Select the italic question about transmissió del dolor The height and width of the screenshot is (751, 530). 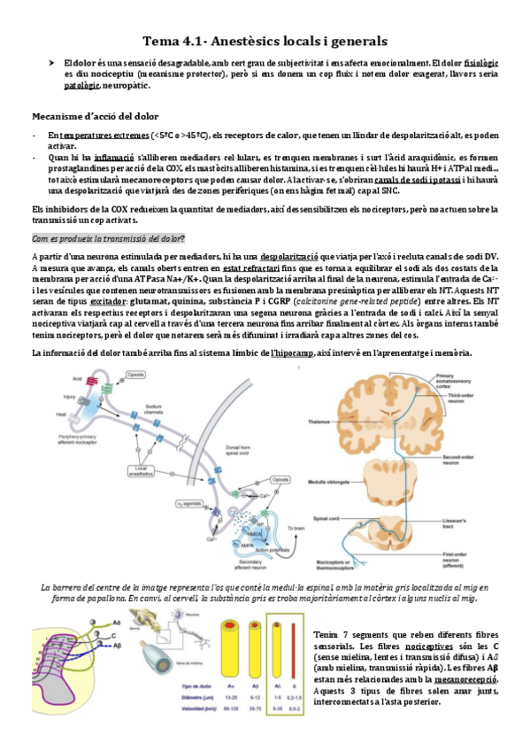108,238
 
